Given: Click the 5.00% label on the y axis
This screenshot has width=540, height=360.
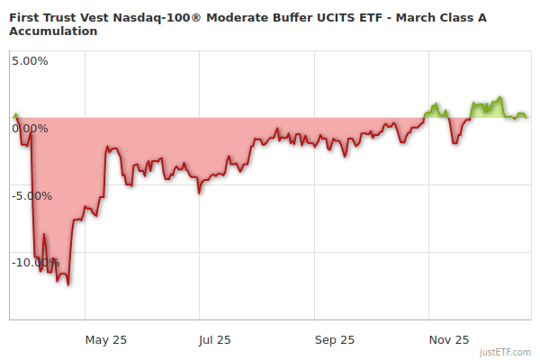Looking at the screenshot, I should [30, 61].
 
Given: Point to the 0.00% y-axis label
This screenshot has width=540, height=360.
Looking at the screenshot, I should [30, 129].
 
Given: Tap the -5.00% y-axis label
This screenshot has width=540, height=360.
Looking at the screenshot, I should [31, 195].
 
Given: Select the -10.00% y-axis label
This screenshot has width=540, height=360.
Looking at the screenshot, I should [35, 263].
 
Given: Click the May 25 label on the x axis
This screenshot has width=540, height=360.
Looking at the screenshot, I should [106, 339].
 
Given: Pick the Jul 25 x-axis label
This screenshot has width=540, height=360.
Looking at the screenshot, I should [214, 339].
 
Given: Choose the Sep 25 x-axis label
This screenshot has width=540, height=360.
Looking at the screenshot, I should [333, 339].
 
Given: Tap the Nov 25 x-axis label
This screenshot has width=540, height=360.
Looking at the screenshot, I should [448, 339].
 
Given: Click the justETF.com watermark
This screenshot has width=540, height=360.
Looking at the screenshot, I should [505, 352].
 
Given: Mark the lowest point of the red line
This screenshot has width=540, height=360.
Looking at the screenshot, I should [68, 284].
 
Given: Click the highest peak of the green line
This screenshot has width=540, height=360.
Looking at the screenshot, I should [500, 97].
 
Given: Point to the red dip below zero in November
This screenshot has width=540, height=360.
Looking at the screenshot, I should [454, 143].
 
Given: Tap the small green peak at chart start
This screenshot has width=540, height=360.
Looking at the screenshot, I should [15, 114].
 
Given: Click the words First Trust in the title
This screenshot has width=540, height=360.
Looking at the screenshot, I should [42, 17].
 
